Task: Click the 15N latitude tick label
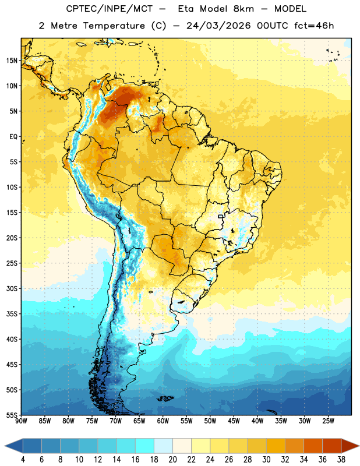[x=12, y=61]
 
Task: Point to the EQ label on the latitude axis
[x=13, y=137]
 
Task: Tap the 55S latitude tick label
[x=12, y=415]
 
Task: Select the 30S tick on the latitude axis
[x=12, y=288]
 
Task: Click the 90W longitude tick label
[x=21, y=421]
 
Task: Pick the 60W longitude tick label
[x=163, y=421]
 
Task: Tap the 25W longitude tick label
[x=328, y=421]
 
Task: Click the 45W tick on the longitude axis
[x=234, y=421]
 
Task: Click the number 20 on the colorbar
[x=172, y=460]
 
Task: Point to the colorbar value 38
[x=341, y=460]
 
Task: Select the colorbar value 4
[x=23, y=460]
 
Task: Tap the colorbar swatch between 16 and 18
[x=145, y=446]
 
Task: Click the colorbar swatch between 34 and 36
[x=313, y=446]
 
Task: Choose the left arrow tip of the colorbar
[x=5, y=446]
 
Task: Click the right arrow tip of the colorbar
[x=359, y=446]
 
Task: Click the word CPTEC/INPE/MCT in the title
[x=109, y=9]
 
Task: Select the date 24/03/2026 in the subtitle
[x=218, y=26]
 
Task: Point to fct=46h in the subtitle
[x=314, y=26]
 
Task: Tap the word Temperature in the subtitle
[x=114, y=26]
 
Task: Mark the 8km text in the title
[x=243, y=9]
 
